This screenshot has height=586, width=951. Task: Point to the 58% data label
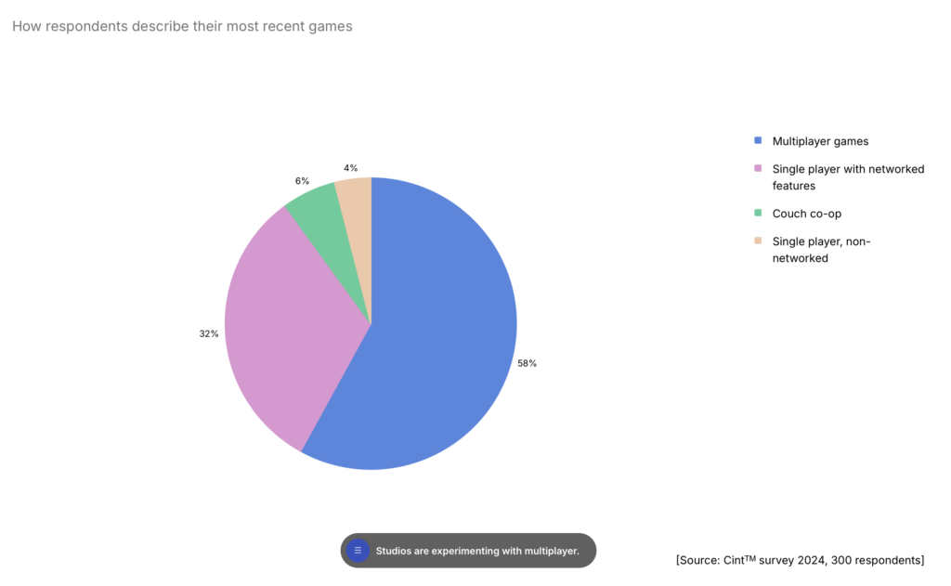(x=528, y=363)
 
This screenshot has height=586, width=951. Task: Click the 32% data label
(x=209, y=333)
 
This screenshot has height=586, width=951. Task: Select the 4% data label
(x=350, y=168)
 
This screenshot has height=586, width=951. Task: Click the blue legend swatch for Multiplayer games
(x=758, y=141)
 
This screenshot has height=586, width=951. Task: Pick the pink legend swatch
(x=758, y=169)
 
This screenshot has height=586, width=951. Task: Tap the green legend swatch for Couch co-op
(x=758, y=214)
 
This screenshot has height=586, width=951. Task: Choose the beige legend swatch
(x=758, y=241)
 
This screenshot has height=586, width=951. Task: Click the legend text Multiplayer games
(x=820, y=141)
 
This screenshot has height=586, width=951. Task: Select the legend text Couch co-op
(x=806, y=214)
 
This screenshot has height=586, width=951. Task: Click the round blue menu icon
(x=358, y=551)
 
